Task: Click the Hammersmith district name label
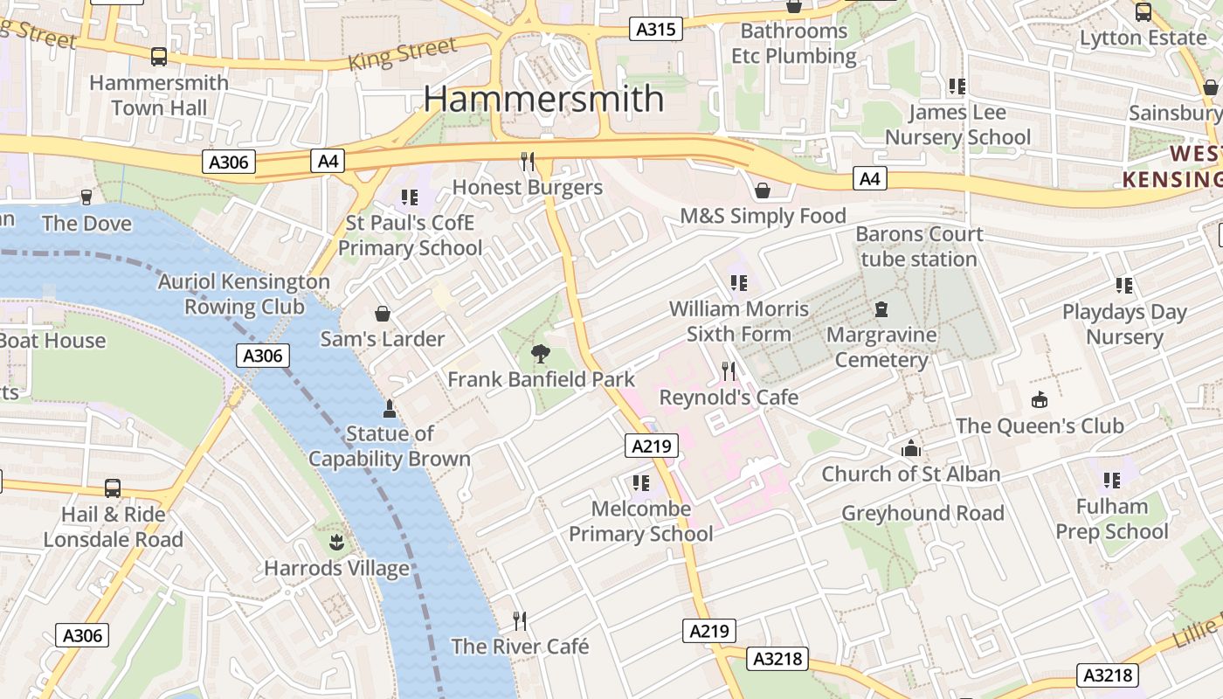[543, 99]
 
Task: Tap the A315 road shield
[655, 30]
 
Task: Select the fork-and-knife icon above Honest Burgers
[527, 162]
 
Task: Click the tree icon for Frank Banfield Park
[541, 354]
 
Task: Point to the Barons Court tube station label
[919, 246]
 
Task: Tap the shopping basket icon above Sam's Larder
[382, 314]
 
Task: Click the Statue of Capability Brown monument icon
[390, 408]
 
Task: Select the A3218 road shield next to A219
[777, 658]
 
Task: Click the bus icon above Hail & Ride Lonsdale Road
[113, 488]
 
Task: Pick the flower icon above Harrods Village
[336, 543]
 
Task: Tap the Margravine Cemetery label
[881, 347]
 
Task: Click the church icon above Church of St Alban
[911, 448]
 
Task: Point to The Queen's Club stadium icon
[1039, 400]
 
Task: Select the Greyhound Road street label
[922, 513]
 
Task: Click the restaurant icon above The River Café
[520, 621]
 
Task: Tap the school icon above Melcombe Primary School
[640, 483]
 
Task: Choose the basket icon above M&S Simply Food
[763, 190]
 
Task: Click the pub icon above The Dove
[86, 197]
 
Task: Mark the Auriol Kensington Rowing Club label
[244, 294]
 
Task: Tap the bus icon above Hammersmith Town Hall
[158, 57]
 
